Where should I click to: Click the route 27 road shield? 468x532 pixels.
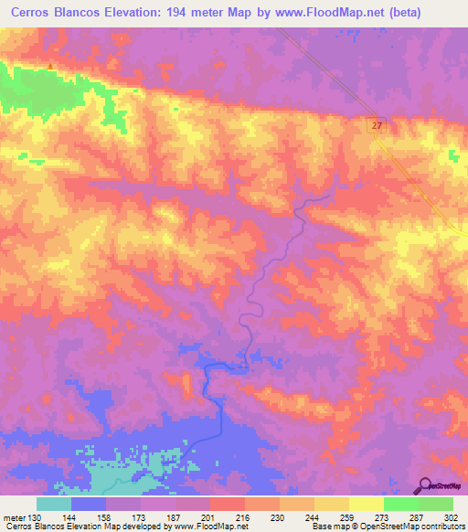[377, 123]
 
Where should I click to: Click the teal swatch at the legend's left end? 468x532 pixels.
[54, 504]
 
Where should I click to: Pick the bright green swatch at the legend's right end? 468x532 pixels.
[435, 504]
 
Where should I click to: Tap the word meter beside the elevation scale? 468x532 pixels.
[15, 517]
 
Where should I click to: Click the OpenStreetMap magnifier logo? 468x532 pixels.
[426, 486]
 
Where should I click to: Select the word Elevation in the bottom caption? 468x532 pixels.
[84, 527]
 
